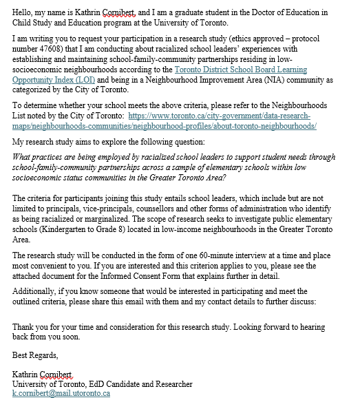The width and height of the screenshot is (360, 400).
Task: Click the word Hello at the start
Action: coord(24,12)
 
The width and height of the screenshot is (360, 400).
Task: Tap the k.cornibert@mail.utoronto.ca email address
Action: coord(61,393)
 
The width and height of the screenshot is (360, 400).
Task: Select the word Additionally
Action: coord(35,291)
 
